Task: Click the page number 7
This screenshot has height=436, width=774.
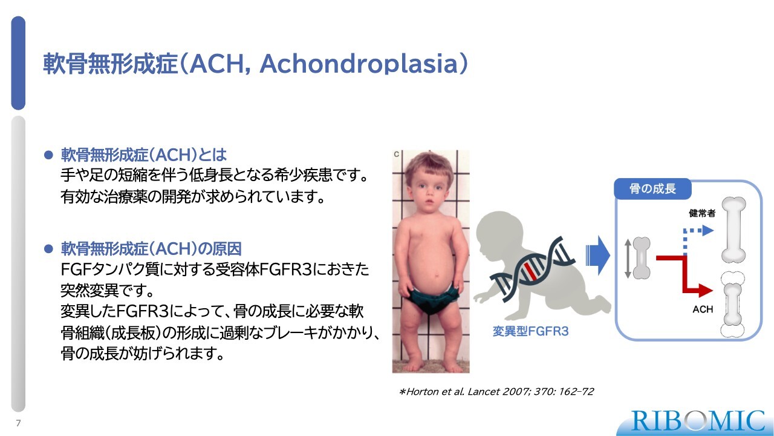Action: point(18,423)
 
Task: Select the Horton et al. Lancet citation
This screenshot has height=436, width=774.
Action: point(496,392)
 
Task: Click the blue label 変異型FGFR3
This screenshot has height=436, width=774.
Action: point(530,331)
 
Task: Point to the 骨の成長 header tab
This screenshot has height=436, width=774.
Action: point(652,188)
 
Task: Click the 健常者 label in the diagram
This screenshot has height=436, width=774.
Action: point(702,213)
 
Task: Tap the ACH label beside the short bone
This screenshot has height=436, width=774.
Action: point(703,309)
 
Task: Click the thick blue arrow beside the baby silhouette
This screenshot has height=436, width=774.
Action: point(598,256)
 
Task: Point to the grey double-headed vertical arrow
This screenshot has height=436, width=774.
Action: point(628,259)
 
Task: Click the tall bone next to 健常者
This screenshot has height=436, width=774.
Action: point(733,230)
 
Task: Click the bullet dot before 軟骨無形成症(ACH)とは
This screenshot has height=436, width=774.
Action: point(48,154)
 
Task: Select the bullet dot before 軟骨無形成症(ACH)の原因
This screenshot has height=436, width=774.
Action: point(48,248)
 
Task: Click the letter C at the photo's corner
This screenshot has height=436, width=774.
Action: point(396,154)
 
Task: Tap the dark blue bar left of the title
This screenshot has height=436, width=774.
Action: point(18,63)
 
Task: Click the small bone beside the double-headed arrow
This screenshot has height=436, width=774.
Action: point(642,258)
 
